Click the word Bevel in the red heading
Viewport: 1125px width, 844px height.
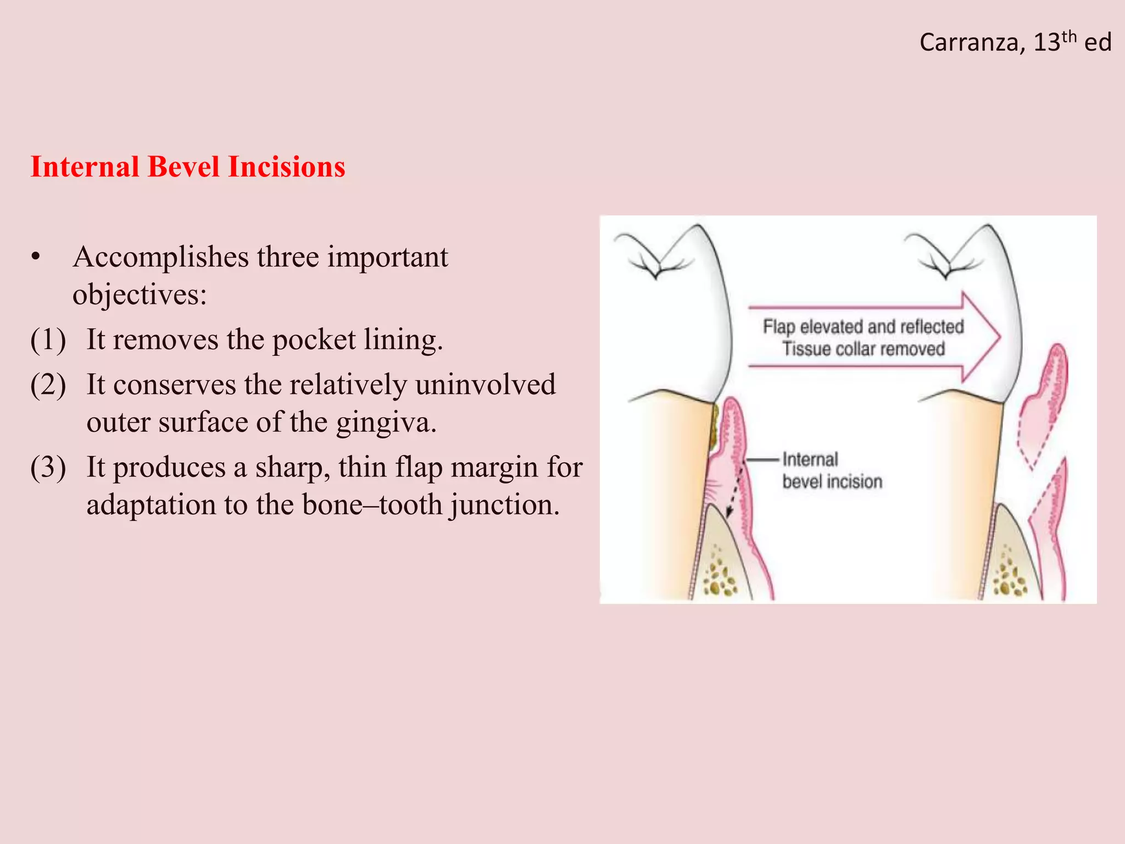187,166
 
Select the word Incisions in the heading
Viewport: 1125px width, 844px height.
286,166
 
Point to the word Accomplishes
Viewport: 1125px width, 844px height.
160,257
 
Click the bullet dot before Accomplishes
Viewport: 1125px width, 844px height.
36,257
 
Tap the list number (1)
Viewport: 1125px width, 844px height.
48,340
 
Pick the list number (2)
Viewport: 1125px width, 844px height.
48,385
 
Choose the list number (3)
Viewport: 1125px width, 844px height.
48,468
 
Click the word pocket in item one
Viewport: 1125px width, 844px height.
314,340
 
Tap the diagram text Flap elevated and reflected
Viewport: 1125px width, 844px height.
863,326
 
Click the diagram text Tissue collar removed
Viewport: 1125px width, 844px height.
863,349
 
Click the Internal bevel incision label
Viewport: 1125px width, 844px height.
831,470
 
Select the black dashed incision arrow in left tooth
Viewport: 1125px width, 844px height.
734,489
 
